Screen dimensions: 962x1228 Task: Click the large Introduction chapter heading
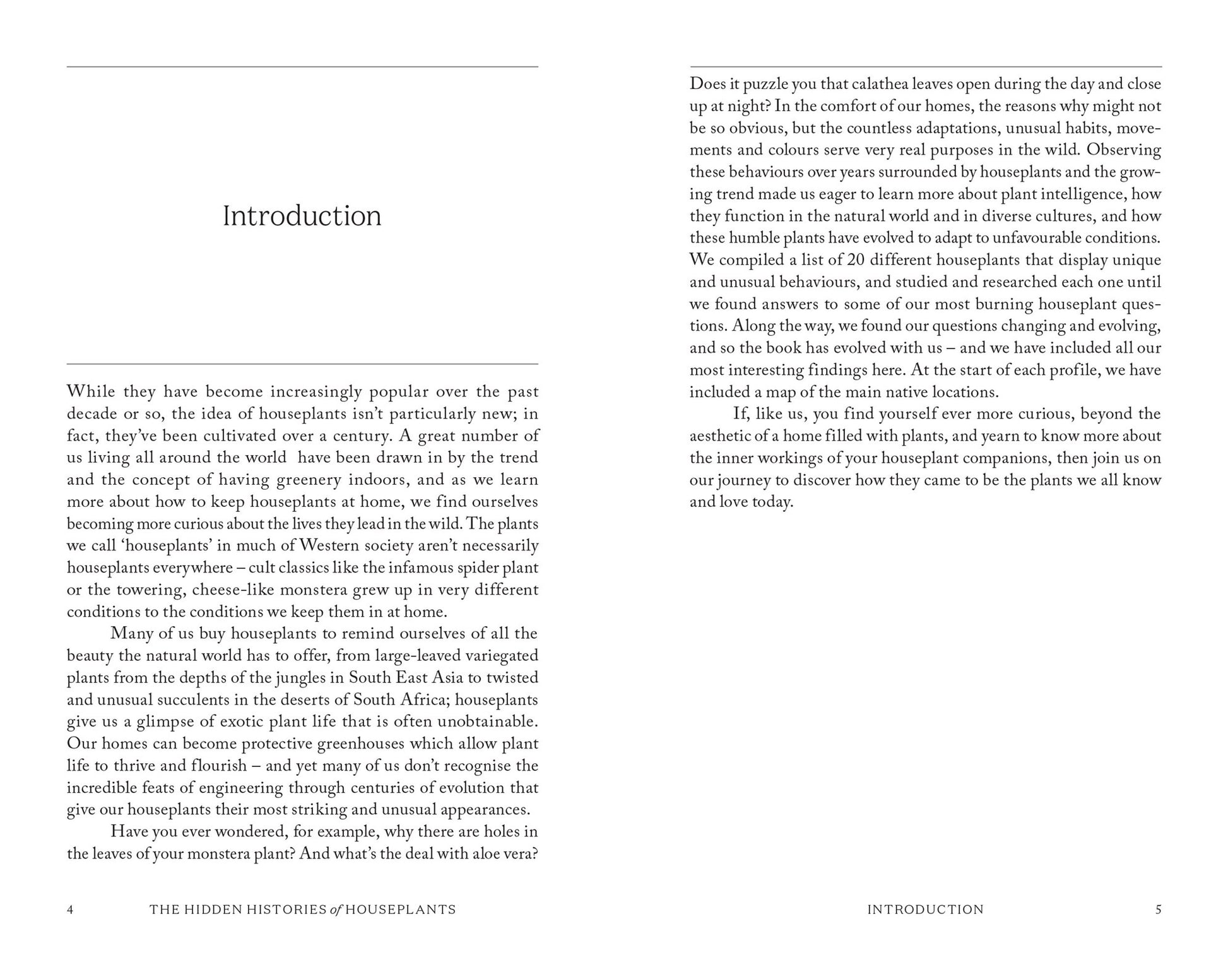click(x=302, y=216)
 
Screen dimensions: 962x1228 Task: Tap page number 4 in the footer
click(x=70, y=910)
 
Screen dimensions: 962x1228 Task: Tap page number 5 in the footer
click(x=1158, y=910)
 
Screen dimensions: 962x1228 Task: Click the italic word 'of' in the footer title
click(x=336, y=910)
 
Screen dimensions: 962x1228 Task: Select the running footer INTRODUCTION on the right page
click(x=925, y=910)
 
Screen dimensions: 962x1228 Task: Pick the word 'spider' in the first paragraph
click(x=464, y=567)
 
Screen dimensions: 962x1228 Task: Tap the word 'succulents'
click(x=206, y=699)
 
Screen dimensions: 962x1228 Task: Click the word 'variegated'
click(x=499, y=655)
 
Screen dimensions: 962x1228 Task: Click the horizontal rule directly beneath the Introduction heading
click(x=302, y=364)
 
